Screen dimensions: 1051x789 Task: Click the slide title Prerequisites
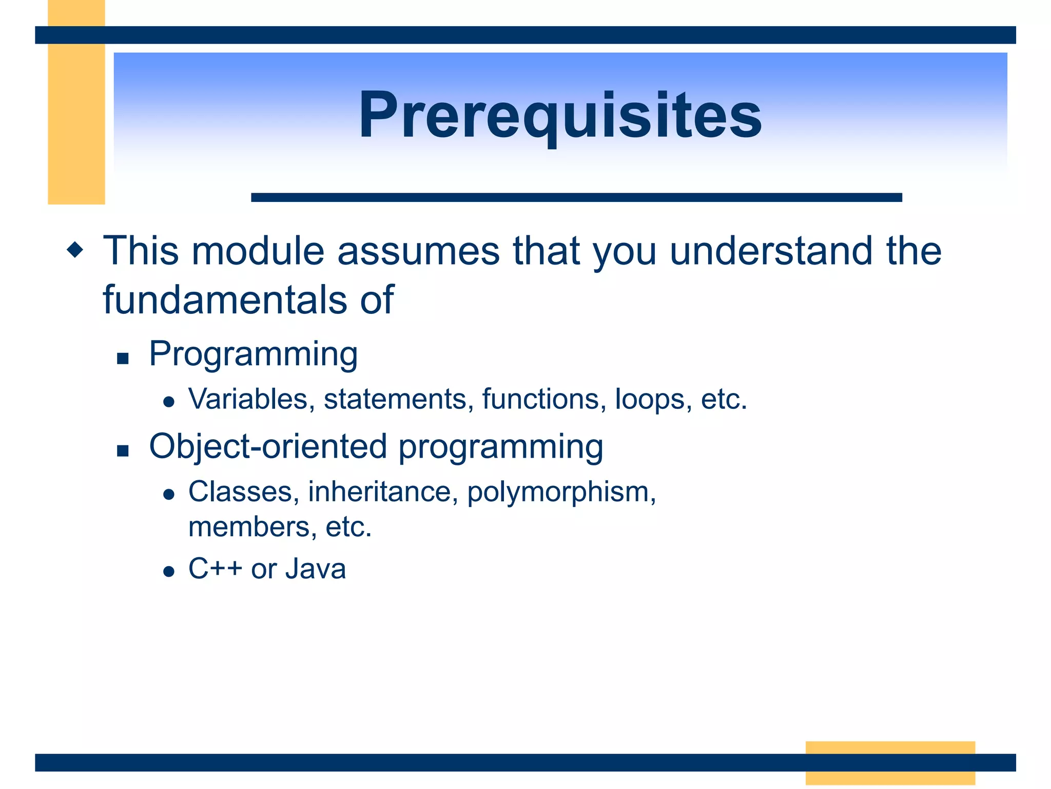560,115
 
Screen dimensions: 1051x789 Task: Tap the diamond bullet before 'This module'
75,250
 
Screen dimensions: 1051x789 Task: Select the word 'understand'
771,251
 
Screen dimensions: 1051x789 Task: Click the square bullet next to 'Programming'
123,358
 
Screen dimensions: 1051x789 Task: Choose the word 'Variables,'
252,399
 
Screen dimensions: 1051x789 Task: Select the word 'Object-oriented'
268,446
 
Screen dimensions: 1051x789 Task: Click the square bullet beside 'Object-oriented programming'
123,451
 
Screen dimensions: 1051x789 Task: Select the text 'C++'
215,569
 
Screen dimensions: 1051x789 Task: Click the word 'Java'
316,569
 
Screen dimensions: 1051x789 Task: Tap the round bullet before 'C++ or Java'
169,571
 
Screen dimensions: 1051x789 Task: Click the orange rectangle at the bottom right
890,763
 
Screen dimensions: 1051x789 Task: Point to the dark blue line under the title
576,197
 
